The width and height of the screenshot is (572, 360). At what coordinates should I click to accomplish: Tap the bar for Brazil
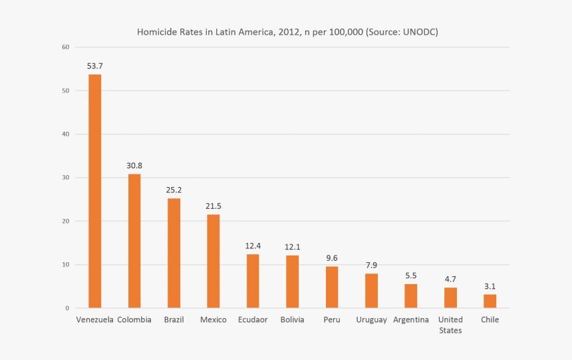point(174,253)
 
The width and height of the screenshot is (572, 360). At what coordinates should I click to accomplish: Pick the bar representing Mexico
point(213,261)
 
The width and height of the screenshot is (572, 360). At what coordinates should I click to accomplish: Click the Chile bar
point(490,301)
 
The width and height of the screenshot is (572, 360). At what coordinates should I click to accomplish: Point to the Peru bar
point(332,287)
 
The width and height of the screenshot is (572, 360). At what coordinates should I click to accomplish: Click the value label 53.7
point(95,66)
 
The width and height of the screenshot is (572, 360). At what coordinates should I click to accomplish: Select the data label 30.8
point(134,165)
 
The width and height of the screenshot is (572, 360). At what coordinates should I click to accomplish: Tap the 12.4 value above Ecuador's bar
point(253,246)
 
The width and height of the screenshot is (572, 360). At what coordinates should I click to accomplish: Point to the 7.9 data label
point(371,265)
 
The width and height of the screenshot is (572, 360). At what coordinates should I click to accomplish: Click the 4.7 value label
point(450,279)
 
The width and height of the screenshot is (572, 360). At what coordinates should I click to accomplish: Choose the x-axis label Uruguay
point(371,320)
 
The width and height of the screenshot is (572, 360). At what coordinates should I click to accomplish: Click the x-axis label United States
point(450,325)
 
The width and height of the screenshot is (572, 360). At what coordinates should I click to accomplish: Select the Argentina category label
point(411,320)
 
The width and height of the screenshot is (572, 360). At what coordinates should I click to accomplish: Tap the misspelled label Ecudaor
point(253,320)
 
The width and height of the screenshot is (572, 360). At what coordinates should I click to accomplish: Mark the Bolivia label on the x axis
point(292,320)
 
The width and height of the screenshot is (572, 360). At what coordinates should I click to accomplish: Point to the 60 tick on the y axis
point(65,47)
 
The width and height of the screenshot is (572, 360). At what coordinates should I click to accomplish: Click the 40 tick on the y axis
point(65,134)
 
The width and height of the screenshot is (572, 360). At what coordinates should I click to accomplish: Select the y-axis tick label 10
point(65,265)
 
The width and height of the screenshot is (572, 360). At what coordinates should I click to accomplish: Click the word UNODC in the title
point(420,32)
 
